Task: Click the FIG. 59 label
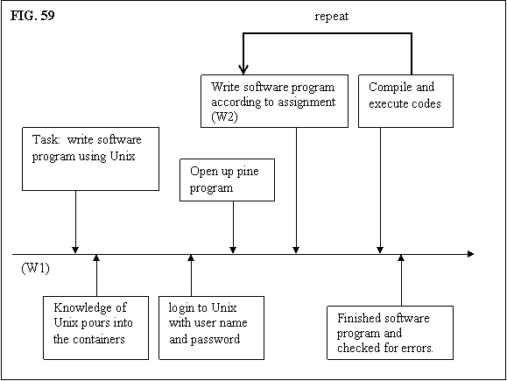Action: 32,15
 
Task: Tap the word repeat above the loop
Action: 331,17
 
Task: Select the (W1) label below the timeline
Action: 36,268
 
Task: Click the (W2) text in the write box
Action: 224,116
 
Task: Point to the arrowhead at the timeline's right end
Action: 471,254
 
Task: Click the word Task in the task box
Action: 46,139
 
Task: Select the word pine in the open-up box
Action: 248,172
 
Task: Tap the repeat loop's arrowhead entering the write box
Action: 243,70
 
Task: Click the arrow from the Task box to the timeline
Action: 75,222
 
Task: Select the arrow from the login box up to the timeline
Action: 191,275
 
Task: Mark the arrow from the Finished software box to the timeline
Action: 401,280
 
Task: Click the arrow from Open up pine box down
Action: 233,227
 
